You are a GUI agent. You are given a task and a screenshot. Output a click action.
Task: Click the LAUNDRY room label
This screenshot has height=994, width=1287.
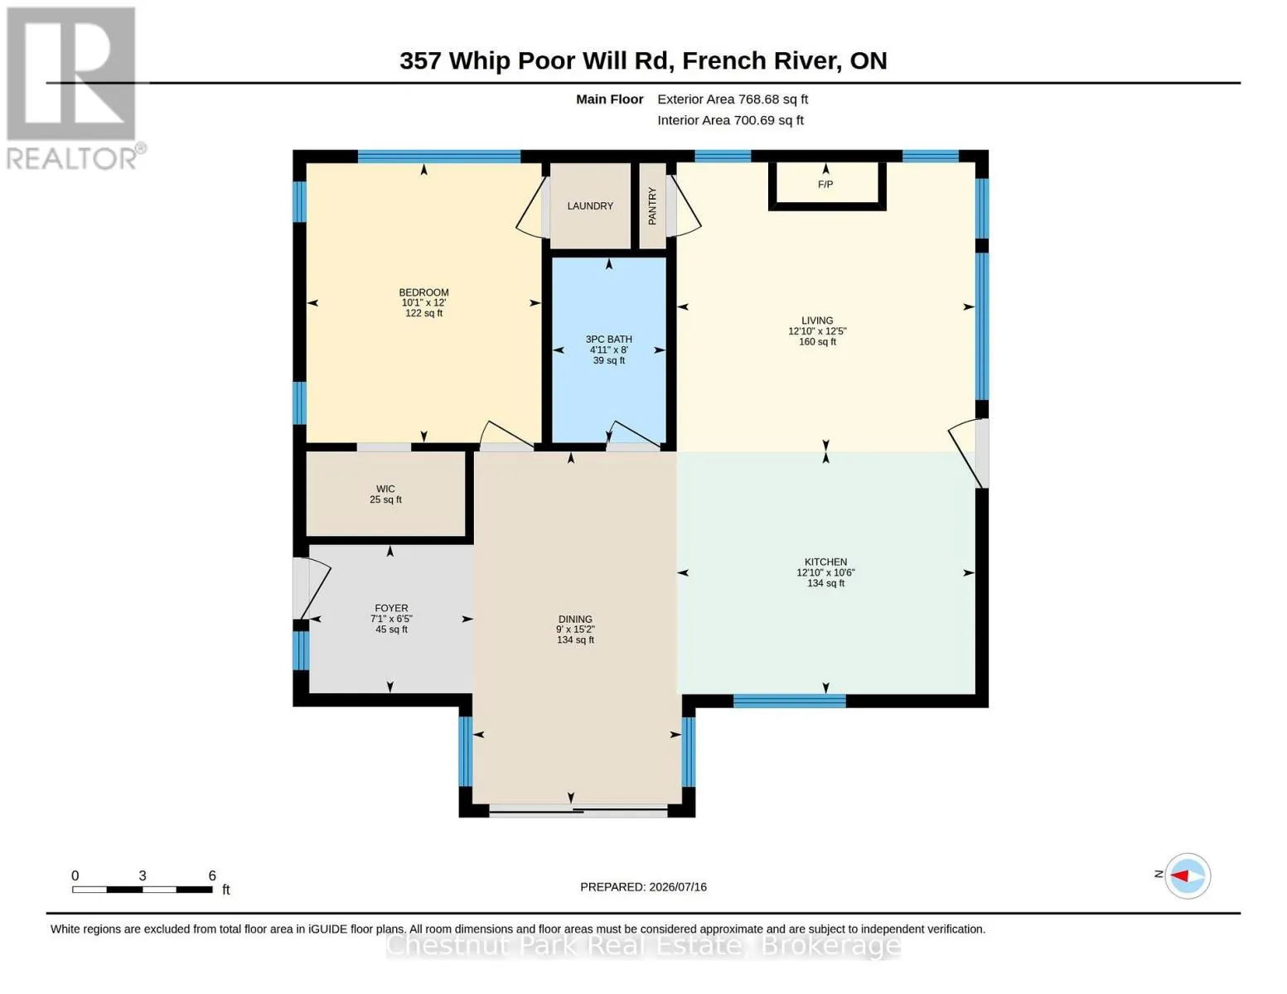(x=590, y=206)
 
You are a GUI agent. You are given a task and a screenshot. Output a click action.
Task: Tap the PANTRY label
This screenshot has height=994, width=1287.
(x=652, y=206)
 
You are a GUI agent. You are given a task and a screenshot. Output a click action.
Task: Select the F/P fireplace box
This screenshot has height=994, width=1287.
(x=827, y=186)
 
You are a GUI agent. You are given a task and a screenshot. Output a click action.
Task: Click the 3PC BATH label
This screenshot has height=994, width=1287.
(x=609, y=340)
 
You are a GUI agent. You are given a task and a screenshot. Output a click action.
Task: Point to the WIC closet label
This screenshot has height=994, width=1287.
(x=385, y=489)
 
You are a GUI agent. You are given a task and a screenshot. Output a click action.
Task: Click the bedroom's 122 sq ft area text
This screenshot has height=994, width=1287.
(x=424, y=313)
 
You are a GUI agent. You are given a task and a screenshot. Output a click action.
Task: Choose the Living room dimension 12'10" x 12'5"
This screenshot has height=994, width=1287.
(x=817, y=331)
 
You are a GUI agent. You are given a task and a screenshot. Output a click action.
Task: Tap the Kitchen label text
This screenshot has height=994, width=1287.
(x=825, y=562)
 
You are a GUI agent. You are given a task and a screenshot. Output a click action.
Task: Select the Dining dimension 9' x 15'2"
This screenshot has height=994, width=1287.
(x=575, y=630)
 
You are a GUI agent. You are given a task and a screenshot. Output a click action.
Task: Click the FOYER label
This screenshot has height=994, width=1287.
(x=391, y=608)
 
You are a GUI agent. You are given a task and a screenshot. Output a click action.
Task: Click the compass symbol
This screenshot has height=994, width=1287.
(x=1188, y=876)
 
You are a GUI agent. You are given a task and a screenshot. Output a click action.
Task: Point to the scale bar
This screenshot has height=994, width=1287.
(x=143, y=889)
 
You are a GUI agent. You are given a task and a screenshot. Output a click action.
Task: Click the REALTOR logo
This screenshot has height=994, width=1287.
(x=74, y=89)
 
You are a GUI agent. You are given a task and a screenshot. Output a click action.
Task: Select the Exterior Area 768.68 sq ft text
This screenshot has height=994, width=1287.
(x=733, y=99)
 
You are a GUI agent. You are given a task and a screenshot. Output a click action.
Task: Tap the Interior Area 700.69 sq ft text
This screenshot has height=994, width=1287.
(x=730, y=120)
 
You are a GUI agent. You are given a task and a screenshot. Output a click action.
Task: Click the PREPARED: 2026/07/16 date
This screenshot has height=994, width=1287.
(x=643, y=887)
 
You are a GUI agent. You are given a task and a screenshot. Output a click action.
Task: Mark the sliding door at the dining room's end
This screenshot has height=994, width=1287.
(x=578, y=812)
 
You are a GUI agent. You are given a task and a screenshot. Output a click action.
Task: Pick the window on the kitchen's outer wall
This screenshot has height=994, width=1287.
(x=790, y=701)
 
